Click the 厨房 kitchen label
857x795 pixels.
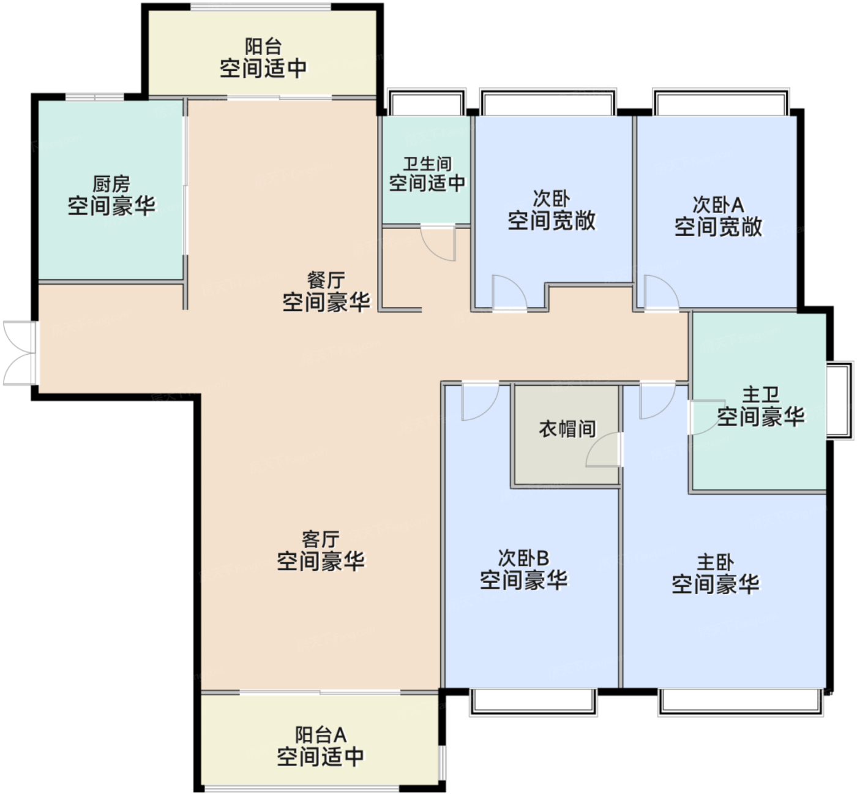pyautogui.click(x=111, y=184)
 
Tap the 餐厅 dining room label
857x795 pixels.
pyautogui.click(x=326, y=281)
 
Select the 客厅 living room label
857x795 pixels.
pyautogui.click(x=321, y=540)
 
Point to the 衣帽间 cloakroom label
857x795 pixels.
pyautogui.click(x=567, y=429)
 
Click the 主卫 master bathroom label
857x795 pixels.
pyautogui.click(x=761, y=394)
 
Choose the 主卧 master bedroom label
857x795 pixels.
pyautogui.click(x=716, y=563)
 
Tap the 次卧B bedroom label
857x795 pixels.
pyautogui.click(x=524, y=558)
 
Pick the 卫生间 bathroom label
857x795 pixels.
pyautogui.click(x=427, y=164)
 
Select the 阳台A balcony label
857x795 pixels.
pyautogui.click(x=321, y=734)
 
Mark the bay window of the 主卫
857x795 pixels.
pyautogui.click(x=840, y=401)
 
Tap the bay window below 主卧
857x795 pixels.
pyautogui.click(x=741, y=702)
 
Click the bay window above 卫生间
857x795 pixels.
pyautogui.click(x=426, y=102)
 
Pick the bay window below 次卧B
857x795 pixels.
pyautogui.click(x=533, y=702)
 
